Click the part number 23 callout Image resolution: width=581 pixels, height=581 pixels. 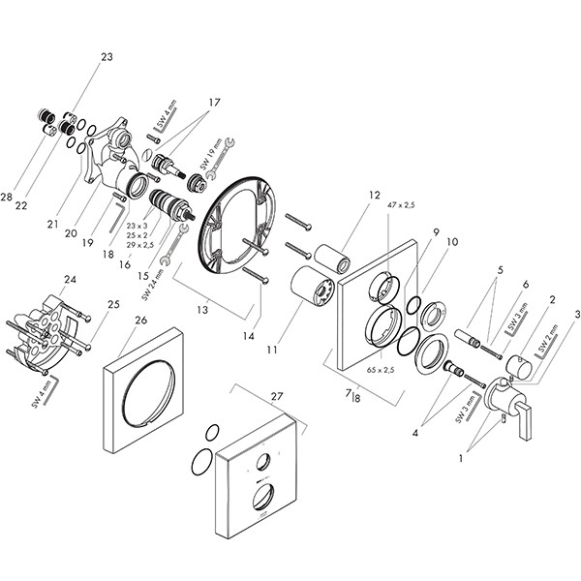pos(106,57)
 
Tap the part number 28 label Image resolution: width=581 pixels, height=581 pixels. pos(7,198)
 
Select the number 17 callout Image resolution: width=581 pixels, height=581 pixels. pos(213,102)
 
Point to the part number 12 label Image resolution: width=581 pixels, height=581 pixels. pos(347,196)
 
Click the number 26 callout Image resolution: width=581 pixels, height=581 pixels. pos(142,321)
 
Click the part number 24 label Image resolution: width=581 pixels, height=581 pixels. pos(70,281)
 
